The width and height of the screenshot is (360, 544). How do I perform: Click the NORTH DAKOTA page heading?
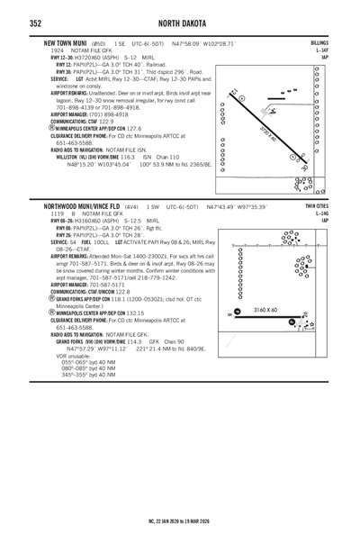click(179, 23)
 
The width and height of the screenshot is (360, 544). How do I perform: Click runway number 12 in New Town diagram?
click(235, 93)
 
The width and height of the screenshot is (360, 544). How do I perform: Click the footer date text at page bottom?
click(179, 520)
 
